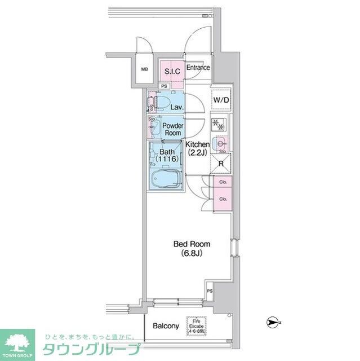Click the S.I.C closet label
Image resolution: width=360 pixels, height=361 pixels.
171,71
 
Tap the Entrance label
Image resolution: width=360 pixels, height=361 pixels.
198,68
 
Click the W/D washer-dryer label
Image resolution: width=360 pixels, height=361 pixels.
220,100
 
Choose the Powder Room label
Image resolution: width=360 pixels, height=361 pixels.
172,129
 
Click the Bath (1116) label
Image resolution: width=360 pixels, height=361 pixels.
168,156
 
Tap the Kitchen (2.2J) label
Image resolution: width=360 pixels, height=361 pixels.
198,148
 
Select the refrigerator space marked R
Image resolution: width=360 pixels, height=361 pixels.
221,165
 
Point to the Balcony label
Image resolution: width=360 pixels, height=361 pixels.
166,327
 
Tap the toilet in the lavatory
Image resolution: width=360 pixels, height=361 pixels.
162,104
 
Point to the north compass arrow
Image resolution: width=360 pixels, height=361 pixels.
273,322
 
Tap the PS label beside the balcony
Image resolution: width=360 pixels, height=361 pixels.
210,291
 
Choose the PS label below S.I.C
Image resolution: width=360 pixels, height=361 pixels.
163,86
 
